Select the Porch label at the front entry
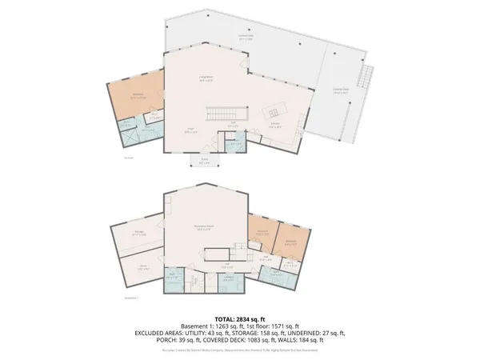[204, 161]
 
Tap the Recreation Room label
[205, 228]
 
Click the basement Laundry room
[229, 280]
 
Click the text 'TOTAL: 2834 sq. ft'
[239, 318]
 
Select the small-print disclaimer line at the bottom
[239, 350]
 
